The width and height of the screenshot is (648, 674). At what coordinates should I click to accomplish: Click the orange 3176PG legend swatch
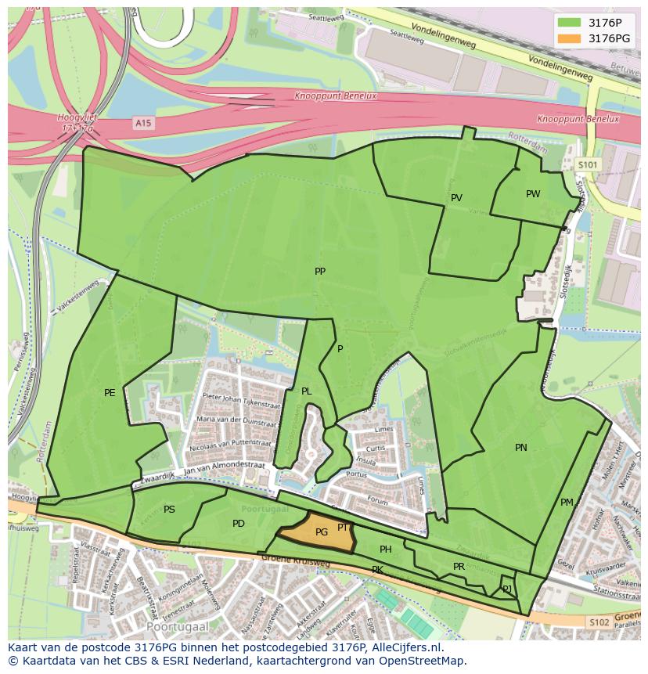(570, 38)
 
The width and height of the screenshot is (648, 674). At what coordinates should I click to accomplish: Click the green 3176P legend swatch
(570, 23)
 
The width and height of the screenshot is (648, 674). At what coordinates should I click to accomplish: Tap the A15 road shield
(142, 123)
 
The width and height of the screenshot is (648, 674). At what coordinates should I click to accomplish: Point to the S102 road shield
(599, 622)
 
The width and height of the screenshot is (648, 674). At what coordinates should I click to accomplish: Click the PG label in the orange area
(321, 532)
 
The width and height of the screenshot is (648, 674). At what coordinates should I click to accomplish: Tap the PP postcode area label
(319, 272)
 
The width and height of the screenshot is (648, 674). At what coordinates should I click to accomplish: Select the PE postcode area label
(110, 393)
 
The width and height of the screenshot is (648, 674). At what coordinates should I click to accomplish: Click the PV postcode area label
(456, 198)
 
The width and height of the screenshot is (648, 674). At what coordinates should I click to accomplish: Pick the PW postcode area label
(533, 194)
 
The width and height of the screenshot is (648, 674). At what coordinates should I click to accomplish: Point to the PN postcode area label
(520, 448)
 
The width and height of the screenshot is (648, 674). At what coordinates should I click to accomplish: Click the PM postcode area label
(567, 503)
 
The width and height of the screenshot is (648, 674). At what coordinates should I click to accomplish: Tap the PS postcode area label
(169, 510)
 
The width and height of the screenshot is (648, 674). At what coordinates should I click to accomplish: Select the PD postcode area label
(239, 524)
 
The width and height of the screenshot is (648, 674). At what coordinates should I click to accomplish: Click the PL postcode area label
(306, 391)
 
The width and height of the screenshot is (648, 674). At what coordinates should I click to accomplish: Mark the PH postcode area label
(385, 550)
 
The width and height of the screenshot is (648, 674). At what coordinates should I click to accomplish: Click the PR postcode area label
(459, 567)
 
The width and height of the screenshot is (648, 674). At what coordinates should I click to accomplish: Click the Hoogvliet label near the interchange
(76, 117)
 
